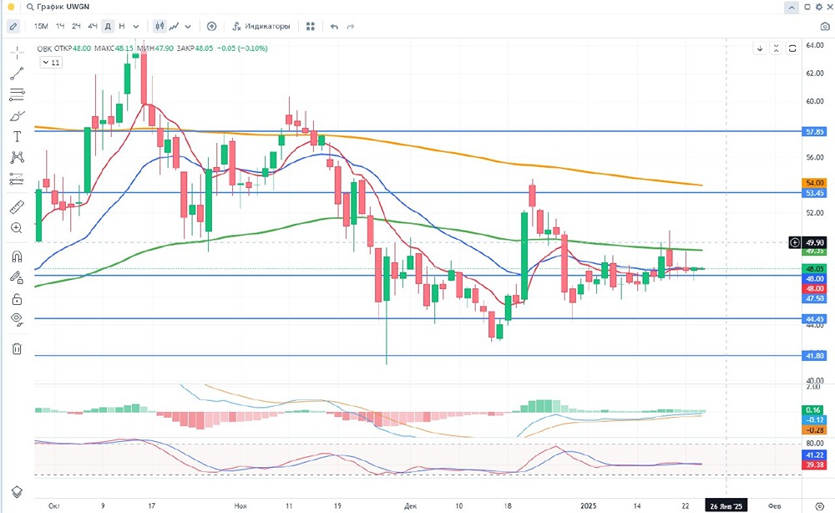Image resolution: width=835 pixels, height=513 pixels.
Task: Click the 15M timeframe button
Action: (x=41, y=26)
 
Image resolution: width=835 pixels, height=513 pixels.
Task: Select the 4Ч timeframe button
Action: (x=92, y=26)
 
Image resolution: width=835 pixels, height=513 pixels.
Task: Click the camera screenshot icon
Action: (x=825, y=26)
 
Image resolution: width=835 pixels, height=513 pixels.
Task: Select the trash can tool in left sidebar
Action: (x=17, y=348)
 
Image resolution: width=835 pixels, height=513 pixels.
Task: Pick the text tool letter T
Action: (x=17, y=136)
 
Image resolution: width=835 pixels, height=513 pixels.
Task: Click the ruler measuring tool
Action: (x=17, y=206)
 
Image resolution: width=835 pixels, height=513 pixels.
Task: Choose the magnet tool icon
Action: (x=17, y=256)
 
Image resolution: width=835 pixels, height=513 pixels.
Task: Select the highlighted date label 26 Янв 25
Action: (x=726, y=505)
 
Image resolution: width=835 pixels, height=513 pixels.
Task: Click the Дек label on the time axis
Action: (x=410, y=505)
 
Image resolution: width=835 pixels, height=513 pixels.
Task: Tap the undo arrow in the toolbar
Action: (x=334, y=26)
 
